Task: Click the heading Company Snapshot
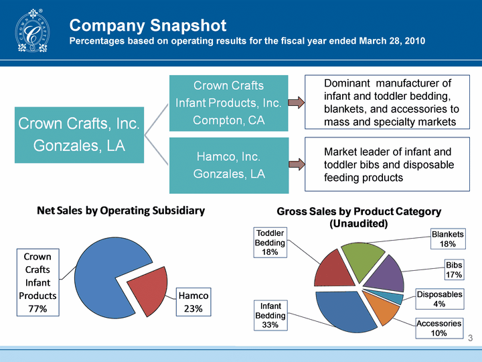pyautogui.click(x=148, y=25)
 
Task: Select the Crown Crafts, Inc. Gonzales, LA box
pyautogui.click(x=78, y=134)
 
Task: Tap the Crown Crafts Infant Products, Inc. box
pyautogui.click(x=228, y=103)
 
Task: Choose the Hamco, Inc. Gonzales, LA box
pyautogui.click(x=228, y=165)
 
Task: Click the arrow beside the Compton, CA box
pyautogui.click(x=295, y=103)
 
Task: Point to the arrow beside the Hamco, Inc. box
pyautogui.click(x=295, y=164)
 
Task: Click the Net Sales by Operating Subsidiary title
pyautogui.click(x=120, y=210)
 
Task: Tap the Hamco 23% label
pyautogui.click(x=193, y=302)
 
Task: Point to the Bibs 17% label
pyautogui.click(x=454, y=270)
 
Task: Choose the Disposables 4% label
pyautogui.click(x=439, y=300)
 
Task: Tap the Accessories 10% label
pyautogui.click(x=439, y=328)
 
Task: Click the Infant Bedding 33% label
pyautogui.click(x=270, y=315)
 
